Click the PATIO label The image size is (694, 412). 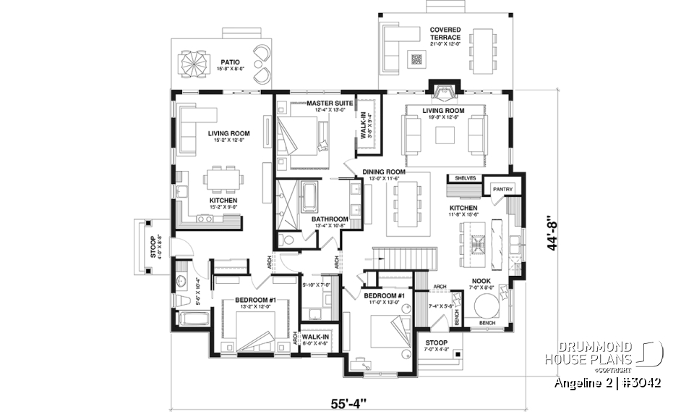pos(230,62)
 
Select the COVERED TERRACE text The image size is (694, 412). pos(445,33)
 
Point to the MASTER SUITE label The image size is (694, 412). pos(329,104)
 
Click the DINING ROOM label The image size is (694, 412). pos(383,172)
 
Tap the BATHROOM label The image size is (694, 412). pos(330,219)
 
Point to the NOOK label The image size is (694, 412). pos(481,280)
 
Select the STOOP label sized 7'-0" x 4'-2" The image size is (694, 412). pos(436,342)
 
